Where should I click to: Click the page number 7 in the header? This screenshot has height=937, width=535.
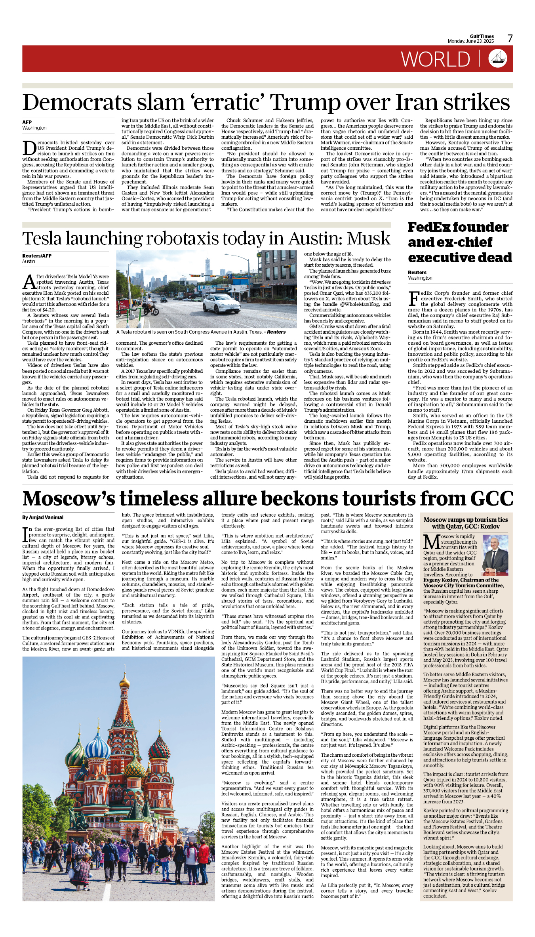(x=510, y=38)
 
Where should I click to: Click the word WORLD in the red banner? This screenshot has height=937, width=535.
(x=435, y=59)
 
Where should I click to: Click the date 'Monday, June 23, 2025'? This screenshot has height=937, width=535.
(x=470, y=41)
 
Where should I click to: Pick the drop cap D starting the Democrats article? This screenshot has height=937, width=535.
(x=29, y=148)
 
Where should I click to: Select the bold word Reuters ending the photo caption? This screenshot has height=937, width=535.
(x=276, y=332)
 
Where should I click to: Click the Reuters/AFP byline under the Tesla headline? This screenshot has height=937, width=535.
(x=37, y=256)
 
